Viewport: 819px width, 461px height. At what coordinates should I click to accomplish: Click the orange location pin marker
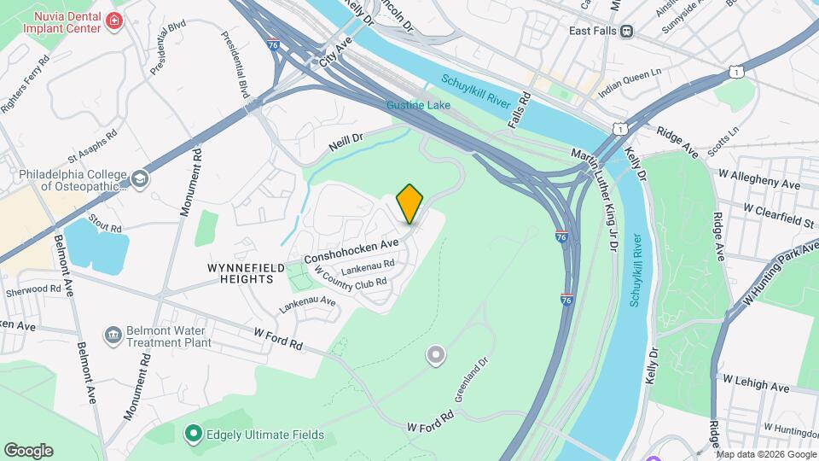click(410, 202)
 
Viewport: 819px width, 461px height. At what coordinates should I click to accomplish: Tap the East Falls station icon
click(627, 31)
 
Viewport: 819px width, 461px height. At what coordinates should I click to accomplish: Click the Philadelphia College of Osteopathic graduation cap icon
click(138, 179)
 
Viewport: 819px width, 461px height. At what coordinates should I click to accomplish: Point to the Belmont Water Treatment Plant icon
click(113, 333)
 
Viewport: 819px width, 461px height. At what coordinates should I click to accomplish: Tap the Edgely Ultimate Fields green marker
click(193, 434)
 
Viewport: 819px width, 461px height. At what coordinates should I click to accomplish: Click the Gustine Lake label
click(411, 105)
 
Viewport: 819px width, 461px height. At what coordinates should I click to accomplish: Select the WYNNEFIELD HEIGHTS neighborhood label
click(247, 273)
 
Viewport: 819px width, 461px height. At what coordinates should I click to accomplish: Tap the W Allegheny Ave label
click(760, 184)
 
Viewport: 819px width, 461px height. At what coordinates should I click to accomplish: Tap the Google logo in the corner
click(28, 450)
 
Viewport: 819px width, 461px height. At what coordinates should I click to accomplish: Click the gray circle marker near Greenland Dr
click(436, 354)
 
